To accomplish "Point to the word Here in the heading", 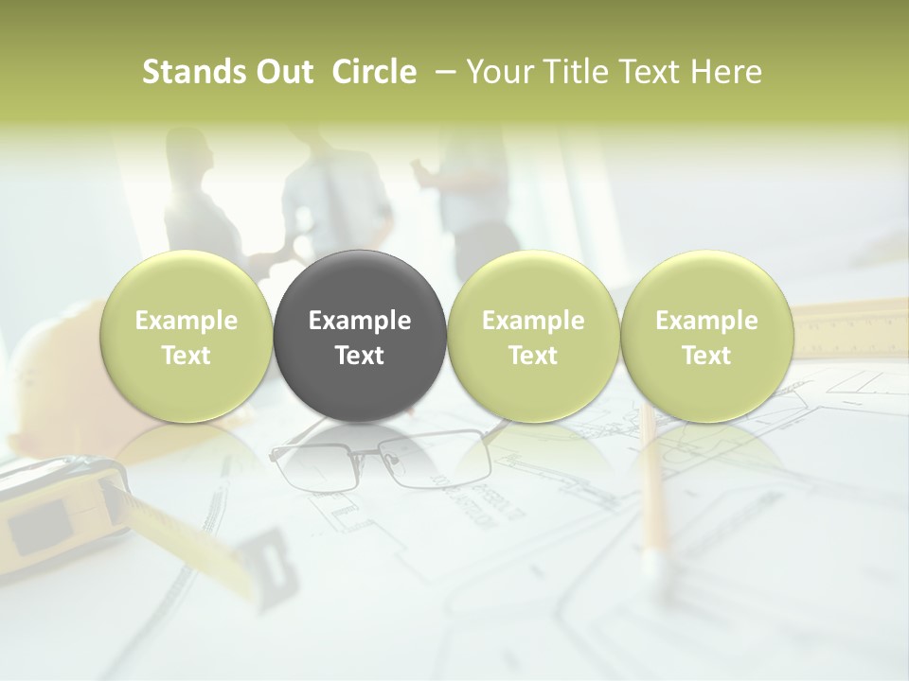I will [x=726, y=72].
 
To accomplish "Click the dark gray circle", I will [x=360, y=336].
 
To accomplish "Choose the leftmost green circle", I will [x=186, y=336].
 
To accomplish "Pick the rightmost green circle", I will [x=706, y=336].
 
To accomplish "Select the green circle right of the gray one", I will [x=533, y=336].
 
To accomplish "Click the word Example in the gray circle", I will [x=360, y=321].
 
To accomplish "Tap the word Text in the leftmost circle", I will [x=186, y=356].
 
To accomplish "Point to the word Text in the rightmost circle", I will [x=706, y=356].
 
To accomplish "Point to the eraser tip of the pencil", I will [x=651, y=564].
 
